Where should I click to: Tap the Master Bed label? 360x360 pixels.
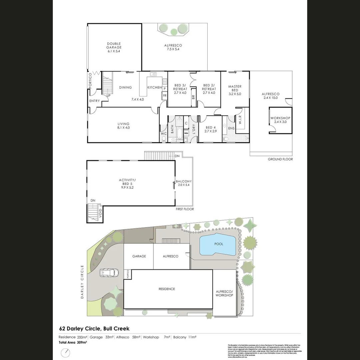(x=235, y=88)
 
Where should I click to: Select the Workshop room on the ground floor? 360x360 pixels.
(x=280, y=120)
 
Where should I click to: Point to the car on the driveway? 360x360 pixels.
(x=110, y=273)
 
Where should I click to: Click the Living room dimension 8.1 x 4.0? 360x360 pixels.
(x=123, y=128)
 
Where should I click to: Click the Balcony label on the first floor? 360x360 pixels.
(x=184, y=183)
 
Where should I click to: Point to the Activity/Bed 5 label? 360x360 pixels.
(x=127, y=183)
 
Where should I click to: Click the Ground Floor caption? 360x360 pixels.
(x=280, y=159)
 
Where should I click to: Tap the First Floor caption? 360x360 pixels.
(x=185, y=209)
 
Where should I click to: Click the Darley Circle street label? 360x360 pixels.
(x=82, y=282)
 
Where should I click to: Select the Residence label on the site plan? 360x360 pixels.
(x=167, y=289)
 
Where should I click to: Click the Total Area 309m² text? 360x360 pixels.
(x=73, y=342)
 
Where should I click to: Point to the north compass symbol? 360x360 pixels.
(x=66, y=353)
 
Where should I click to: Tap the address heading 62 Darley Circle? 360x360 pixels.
(x=94, y=329)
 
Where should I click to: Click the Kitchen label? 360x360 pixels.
(x=155, y=88)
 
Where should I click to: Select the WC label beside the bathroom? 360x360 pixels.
(x=163, y=134)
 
